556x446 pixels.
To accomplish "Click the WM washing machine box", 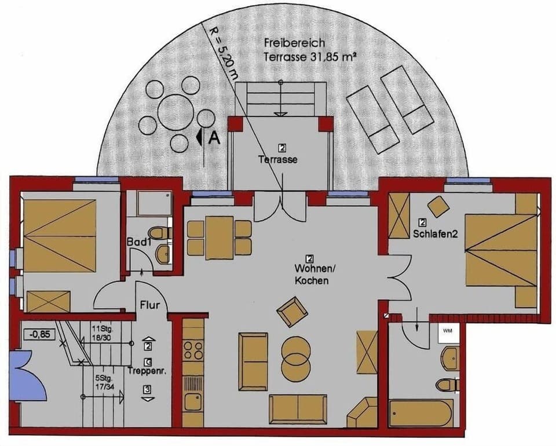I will click(x=448, y=331).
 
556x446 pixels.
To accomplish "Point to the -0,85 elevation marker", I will click(x=36, y=334).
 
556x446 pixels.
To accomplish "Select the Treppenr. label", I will click(x=147, y=372).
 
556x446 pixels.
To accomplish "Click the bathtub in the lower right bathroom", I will click(x=421, y=413).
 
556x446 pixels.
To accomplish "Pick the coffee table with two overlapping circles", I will click(x=296, y=358).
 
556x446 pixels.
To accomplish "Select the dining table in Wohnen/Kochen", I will click(x=219, y=237).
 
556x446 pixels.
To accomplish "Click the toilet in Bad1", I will click(x=162, y=233).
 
